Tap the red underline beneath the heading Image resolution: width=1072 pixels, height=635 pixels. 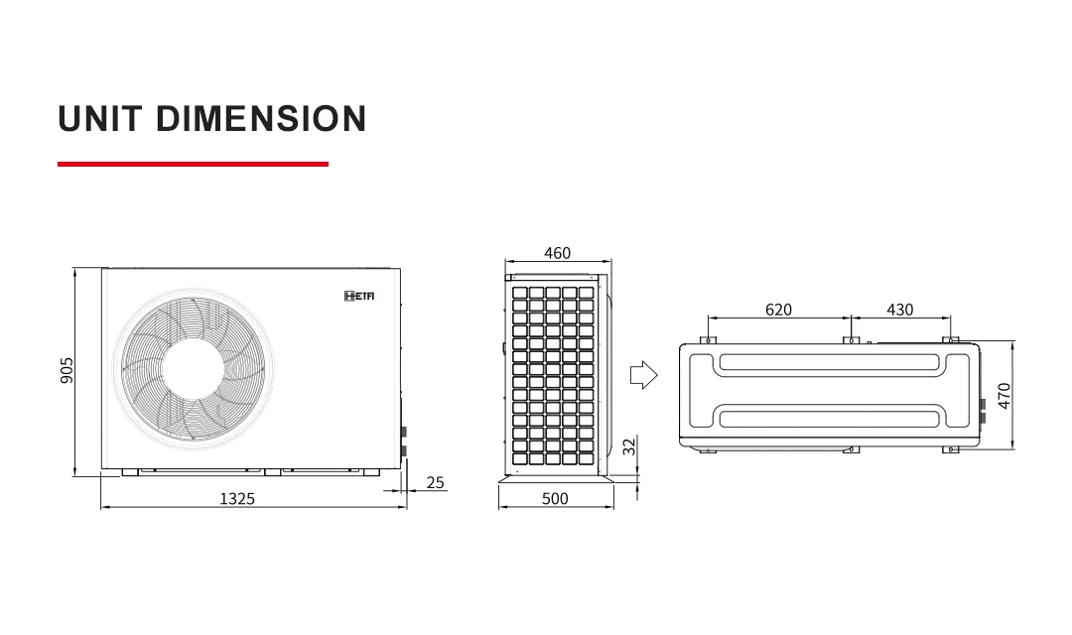193,164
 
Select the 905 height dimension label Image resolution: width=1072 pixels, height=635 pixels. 67,370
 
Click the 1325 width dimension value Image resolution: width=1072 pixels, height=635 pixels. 236,498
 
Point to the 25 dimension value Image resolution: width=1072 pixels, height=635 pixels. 435,483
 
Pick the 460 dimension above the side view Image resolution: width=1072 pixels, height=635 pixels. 557,253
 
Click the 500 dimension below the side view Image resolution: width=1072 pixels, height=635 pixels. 555,498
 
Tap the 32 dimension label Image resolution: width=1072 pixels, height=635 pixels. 628,446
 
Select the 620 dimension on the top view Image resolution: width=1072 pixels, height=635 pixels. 778,310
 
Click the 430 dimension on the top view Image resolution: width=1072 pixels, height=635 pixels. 899,310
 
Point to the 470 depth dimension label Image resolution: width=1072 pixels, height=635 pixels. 1005,395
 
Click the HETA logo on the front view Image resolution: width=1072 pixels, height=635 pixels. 359,296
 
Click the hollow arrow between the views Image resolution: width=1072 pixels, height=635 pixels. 643,375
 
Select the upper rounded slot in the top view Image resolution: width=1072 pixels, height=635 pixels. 828,362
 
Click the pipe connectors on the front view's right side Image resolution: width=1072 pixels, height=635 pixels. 403,442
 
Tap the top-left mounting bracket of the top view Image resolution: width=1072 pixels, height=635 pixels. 708,340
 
